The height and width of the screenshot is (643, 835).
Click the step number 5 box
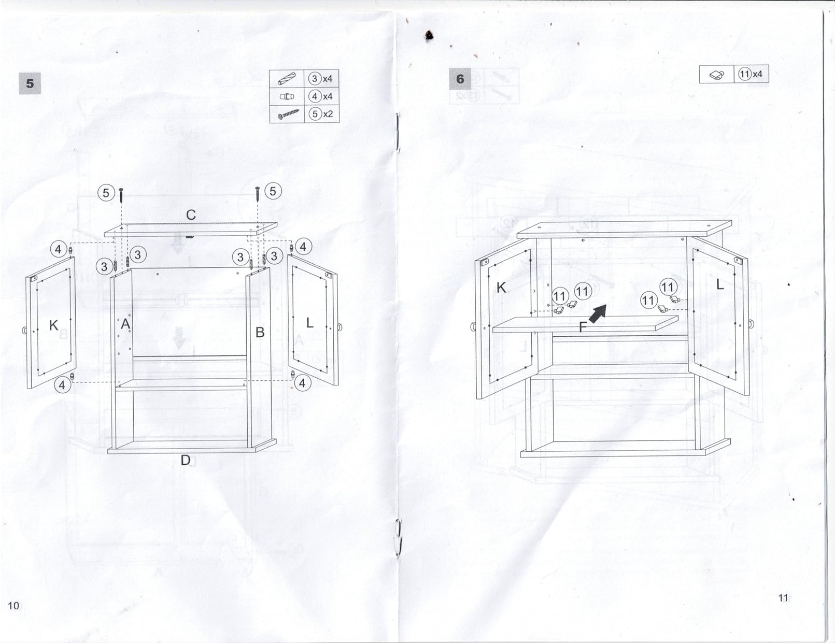point(30,83)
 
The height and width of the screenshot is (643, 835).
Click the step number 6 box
point(460,79)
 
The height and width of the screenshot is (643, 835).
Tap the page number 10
point(13,606)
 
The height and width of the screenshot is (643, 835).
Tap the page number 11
point(783,598)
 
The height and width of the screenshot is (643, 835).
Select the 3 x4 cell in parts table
point(322,79)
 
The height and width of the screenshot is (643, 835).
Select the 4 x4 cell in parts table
point(322,96)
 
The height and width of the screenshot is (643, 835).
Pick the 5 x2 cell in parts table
point(322,114)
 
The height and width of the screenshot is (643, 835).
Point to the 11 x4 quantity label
point(751,74)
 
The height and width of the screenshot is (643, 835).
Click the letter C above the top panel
point(191,215)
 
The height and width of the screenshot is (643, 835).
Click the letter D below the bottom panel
point(186,460)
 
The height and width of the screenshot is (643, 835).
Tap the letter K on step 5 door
point(54,325)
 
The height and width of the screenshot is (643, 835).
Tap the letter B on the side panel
point(260,332)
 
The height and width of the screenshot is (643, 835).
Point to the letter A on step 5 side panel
point(125,324)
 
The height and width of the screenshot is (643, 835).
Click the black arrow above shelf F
point(598,314)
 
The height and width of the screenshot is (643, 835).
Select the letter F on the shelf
point(583,327)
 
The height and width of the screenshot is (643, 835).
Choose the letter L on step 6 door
point(720,284)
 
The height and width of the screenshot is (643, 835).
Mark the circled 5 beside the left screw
point(106,193)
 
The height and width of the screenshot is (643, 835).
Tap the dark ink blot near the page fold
point(429,36)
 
